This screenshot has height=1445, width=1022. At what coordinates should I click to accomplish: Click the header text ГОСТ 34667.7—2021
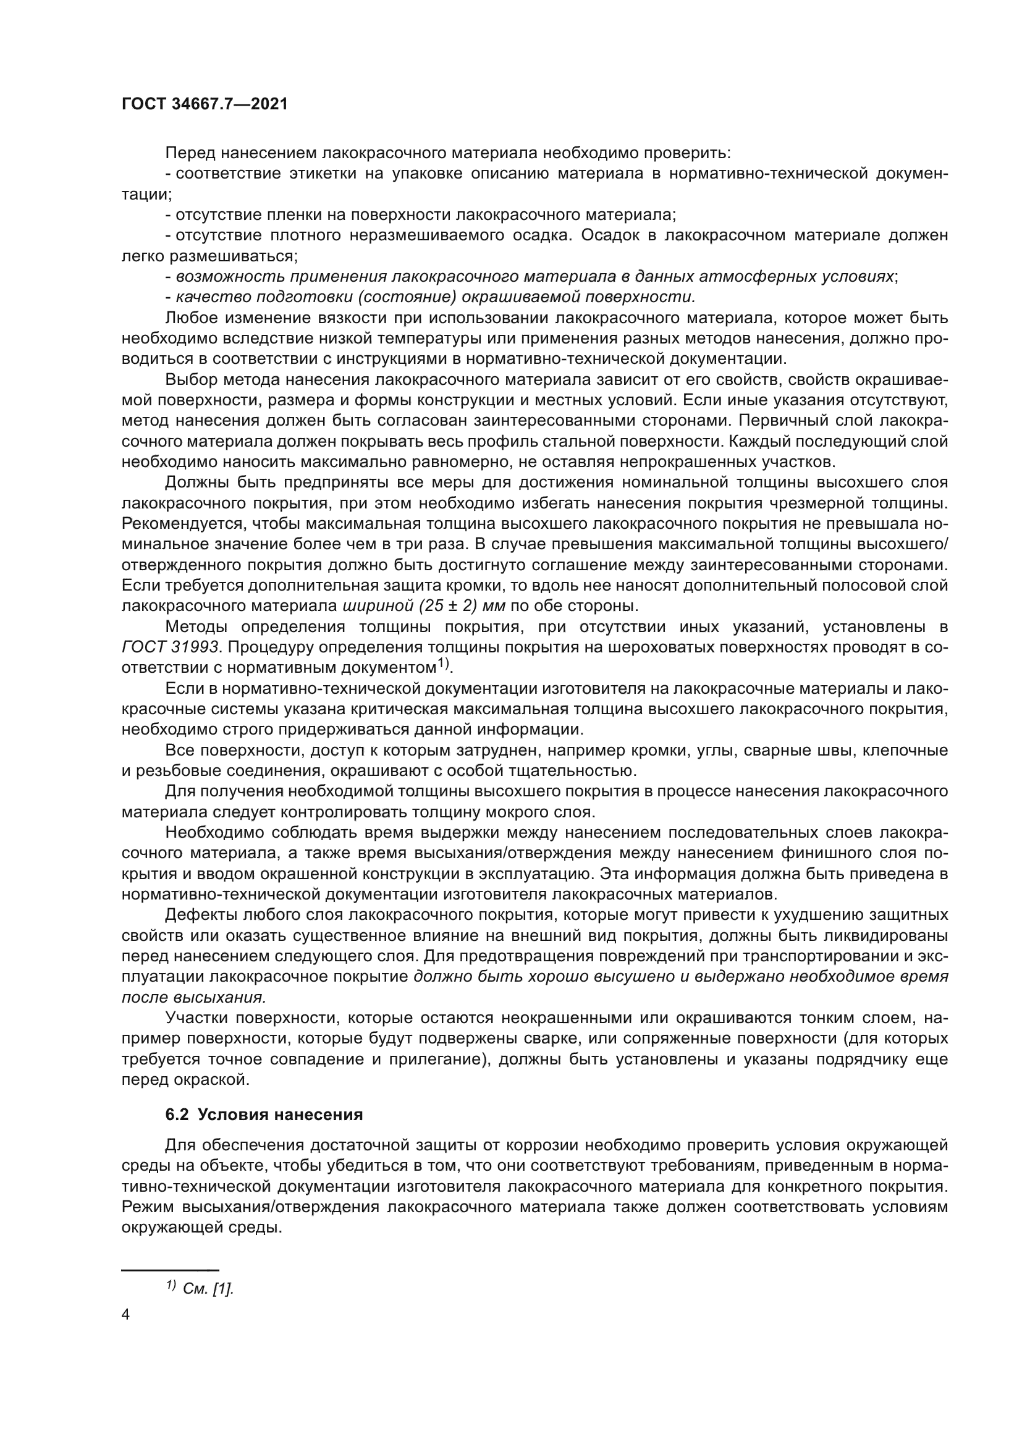pyautogui.click(x=205, y=104)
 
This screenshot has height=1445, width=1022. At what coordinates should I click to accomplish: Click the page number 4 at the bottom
pyautogui.click(x=125, y=1315)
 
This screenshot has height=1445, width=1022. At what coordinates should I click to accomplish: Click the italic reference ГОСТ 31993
pyautogui.click(x=171, y=646)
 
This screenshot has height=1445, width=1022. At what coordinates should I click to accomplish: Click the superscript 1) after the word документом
pyautogui.click(x=443, y=664)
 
